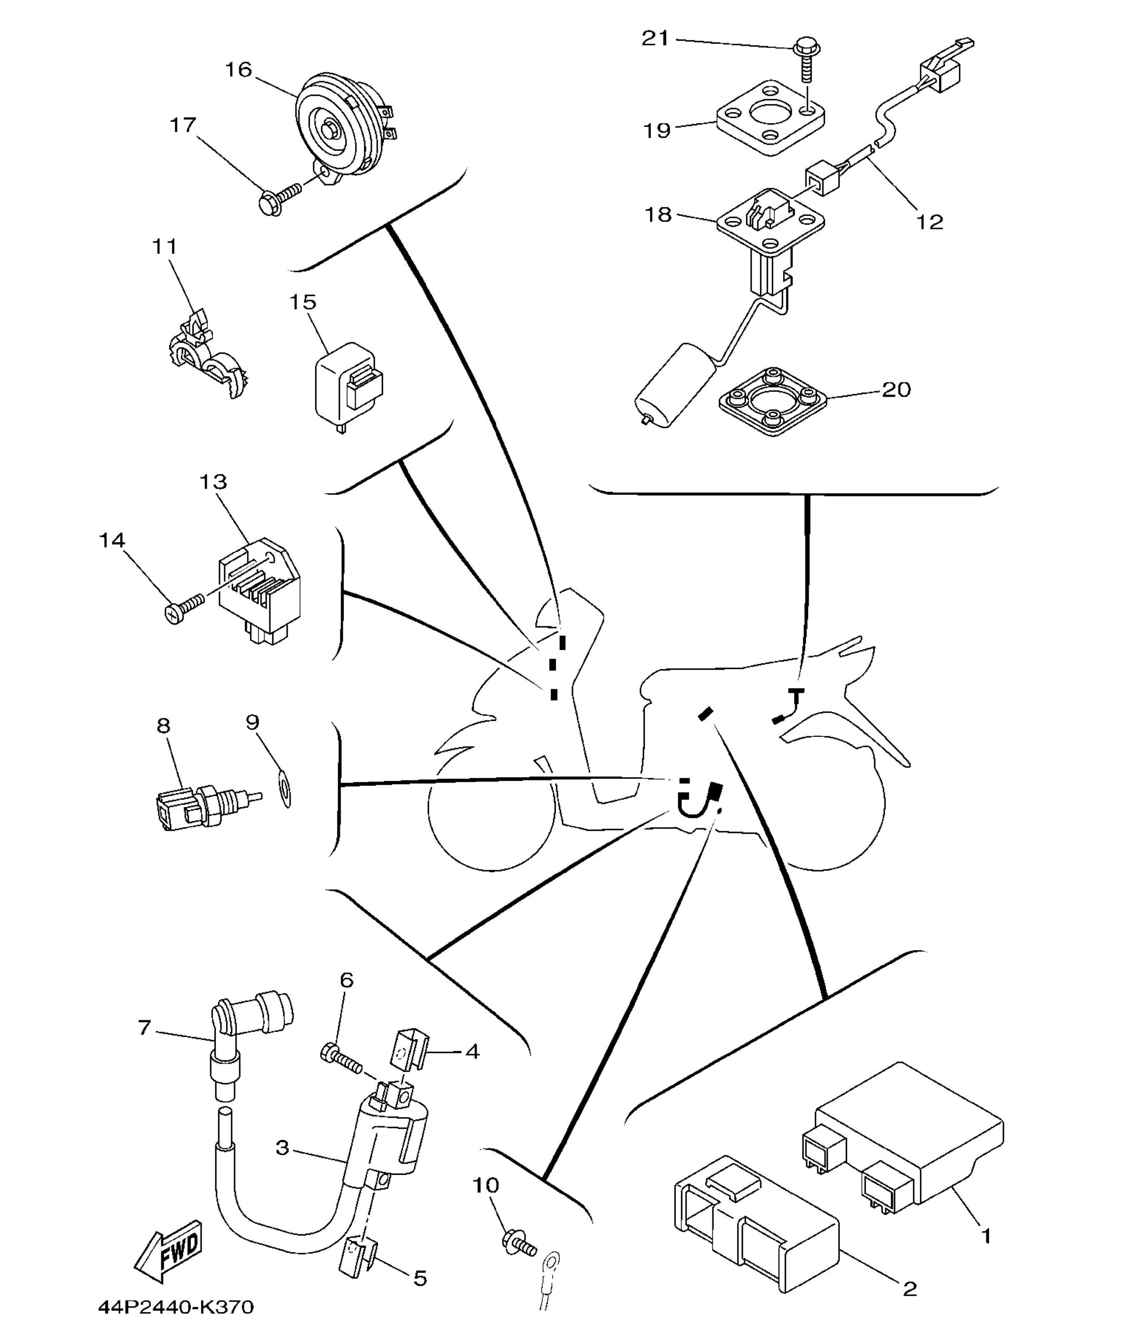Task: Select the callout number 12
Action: (930, 222)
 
